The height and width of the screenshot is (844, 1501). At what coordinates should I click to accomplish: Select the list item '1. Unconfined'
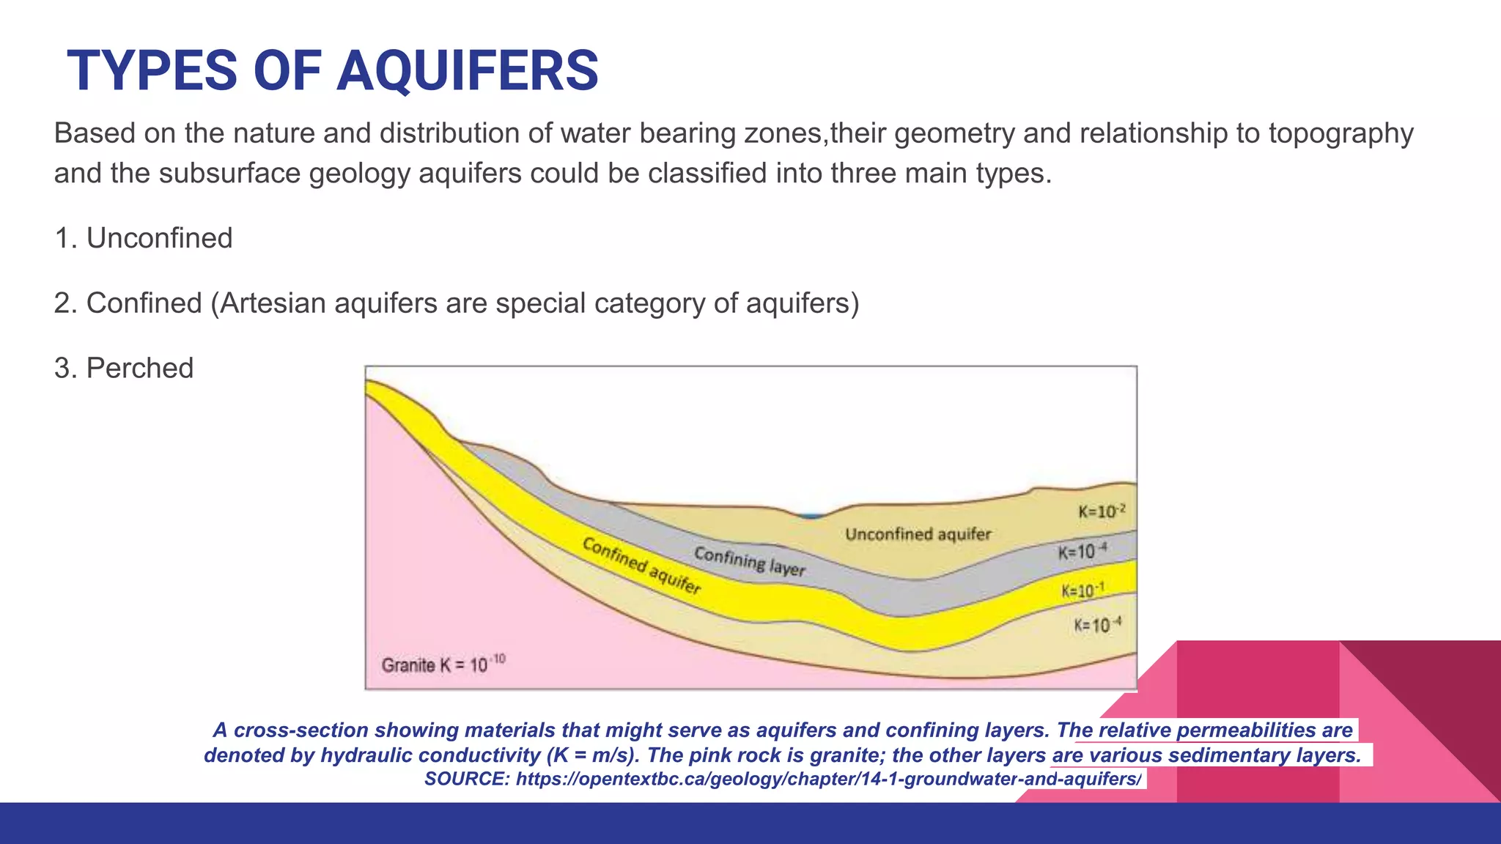[144, 238]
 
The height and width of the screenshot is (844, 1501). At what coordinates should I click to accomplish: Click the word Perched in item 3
[139, 368]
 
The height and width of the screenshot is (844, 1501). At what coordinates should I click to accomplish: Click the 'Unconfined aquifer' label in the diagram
[918, 534]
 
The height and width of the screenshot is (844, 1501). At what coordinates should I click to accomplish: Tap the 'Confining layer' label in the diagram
[749, 561]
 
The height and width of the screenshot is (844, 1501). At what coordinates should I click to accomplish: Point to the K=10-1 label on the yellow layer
[1083, 591]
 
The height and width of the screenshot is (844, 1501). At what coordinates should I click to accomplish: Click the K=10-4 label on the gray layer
[1082, 552]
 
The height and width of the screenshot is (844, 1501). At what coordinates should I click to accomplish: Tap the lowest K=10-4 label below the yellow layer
[1097, 625]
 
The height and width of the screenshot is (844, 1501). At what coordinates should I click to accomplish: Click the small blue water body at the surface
[811, 516]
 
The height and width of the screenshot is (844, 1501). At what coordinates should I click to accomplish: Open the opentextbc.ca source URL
[828, 779]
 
